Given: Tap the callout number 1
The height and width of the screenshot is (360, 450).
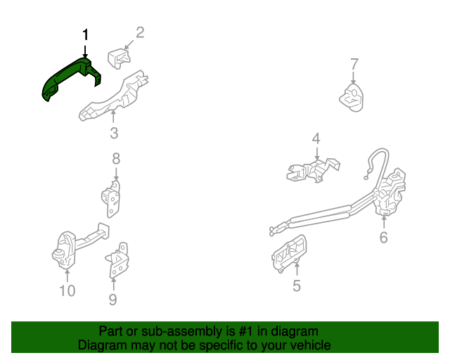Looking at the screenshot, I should pyautogui.click(x=86, y=34).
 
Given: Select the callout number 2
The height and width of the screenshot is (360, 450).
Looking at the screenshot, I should pyautogui.click(x=140, y=32).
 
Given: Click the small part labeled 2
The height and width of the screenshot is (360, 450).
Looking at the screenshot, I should pyautogui.click(x=118, y=58).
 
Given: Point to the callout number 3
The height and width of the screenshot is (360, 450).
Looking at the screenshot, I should pyautogui.click(x=113, y=134).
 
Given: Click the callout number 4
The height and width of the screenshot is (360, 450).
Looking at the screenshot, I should pyautogui.click(x=316, y=139).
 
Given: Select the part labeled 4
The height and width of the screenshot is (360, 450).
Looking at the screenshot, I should pyautogui.click(x=311, y=170).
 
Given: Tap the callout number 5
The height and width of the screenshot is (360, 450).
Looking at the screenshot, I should pyautogui.click(x=296, y=285).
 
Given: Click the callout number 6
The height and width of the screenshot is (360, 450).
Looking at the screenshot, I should pyautogui.click(x=383, y=238).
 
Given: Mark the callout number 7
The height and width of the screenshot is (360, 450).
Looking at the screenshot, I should pyautogui.click(x=354, y=65).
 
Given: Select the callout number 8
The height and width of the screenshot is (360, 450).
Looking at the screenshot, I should pyautogui.click(x=116, y=158).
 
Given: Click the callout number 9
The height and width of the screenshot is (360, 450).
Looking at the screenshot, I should pyautogui.click(x=112, y=300).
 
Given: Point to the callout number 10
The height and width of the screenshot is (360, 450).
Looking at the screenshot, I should pyautogui.click(x=67, y=290).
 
